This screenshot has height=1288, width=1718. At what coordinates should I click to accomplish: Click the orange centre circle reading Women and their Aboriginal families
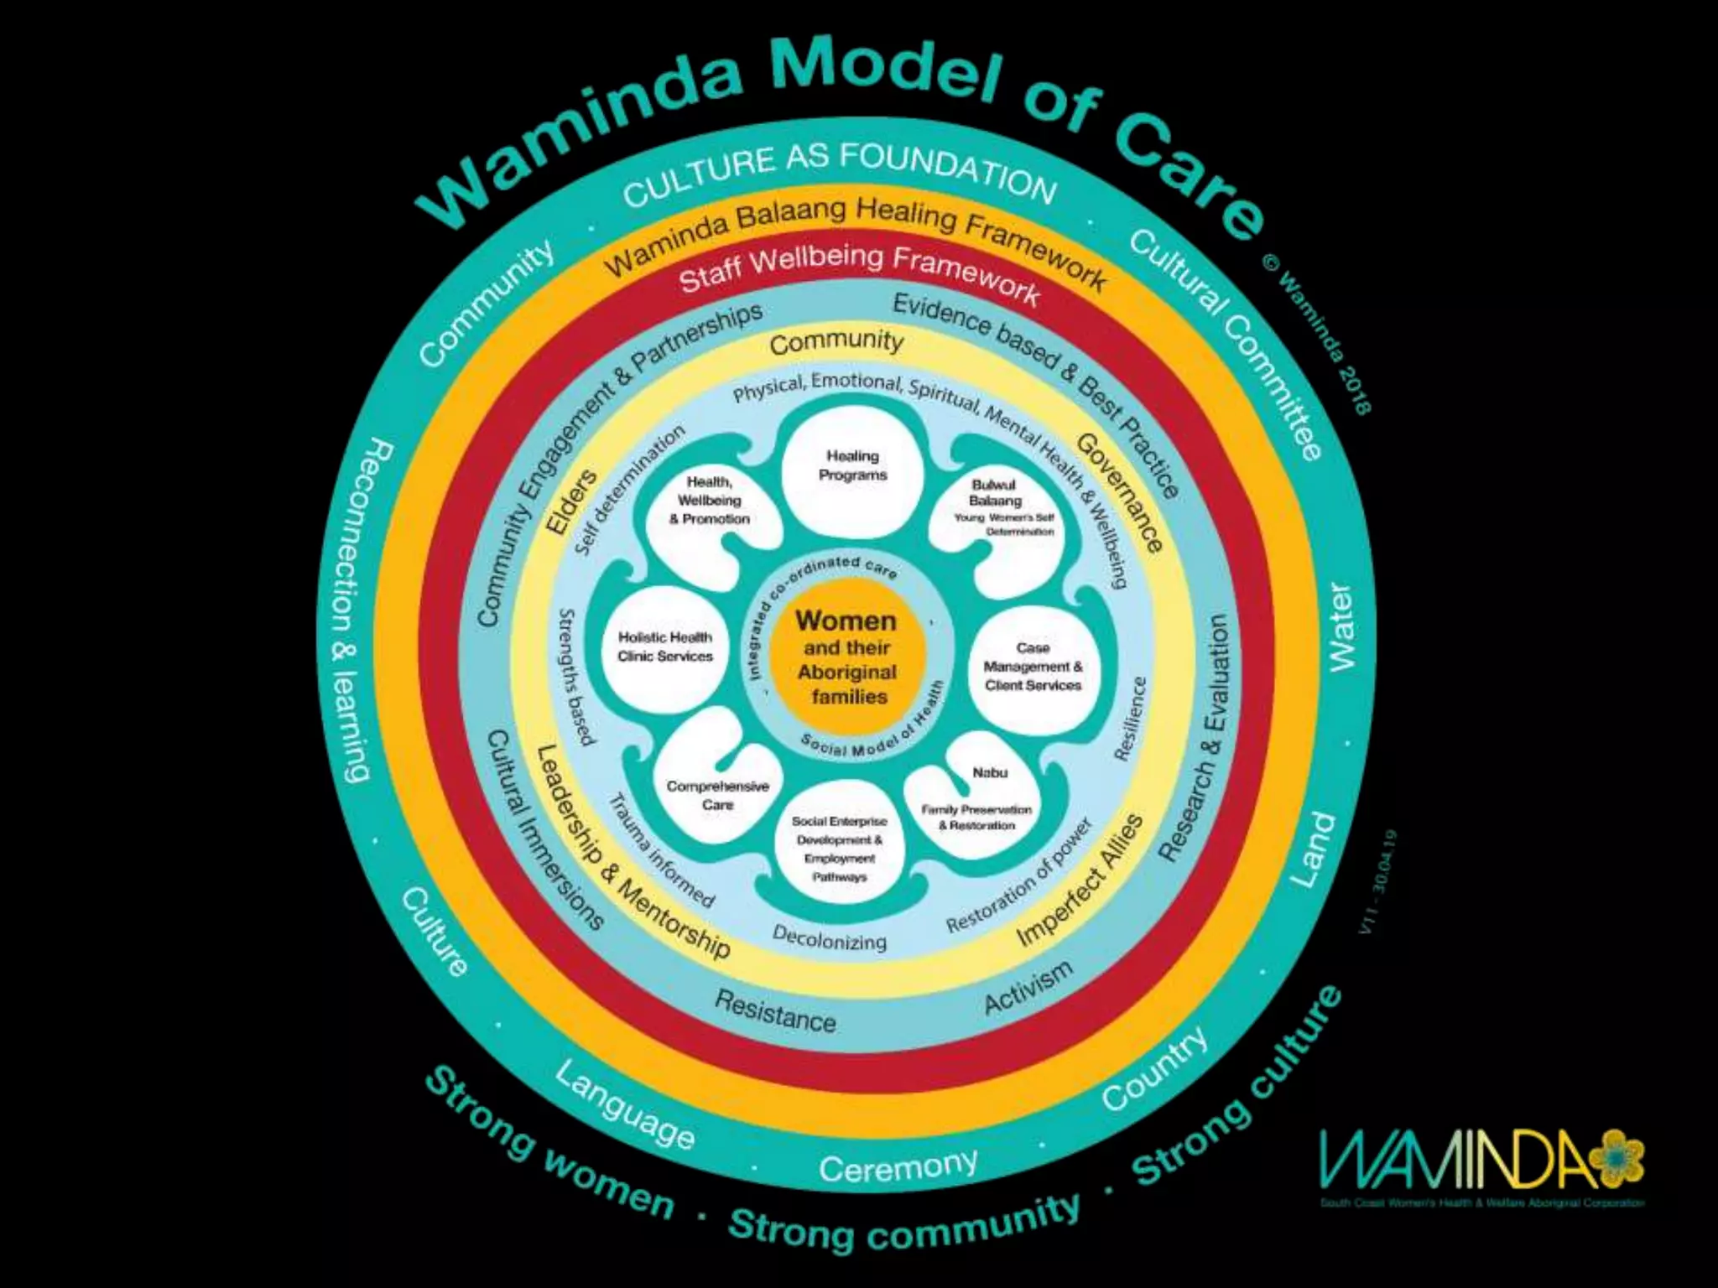[x=847, y=659]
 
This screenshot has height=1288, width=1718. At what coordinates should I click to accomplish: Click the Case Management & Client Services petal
[x=1033, y=667]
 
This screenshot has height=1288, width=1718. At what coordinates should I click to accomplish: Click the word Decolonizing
[x=829, y=938]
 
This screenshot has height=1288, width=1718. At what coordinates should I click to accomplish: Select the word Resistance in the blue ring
[x=775, y=1010]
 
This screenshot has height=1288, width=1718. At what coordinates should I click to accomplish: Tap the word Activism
[x=1028, y=988]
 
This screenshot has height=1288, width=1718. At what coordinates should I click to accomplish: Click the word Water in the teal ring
[x=1341, y=627]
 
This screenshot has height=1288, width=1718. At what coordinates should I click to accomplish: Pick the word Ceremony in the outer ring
[x=898, y=1166]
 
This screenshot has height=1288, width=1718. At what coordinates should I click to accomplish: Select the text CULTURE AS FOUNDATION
[x=839, y=174]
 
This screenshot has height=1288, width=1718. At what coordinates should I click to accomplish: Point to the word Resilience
[x=1129, y=719]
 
